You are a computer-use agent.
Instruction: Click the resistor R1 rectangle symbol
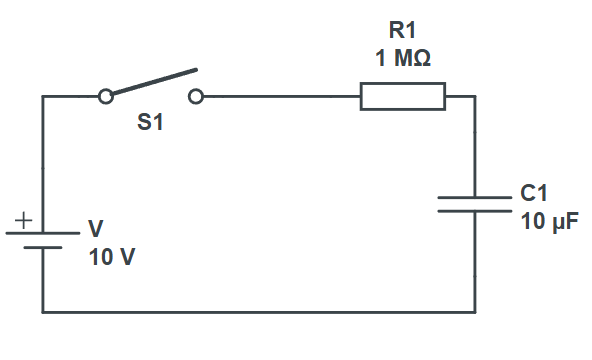(x=402, y=97)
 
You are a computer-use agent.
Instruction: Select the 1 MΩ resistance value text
(x=402, y=59)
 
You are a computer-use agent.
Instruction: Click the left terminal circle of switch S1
(x=105, y=97)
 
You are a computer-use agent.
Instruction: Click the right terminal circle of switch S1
(x=196, y=97)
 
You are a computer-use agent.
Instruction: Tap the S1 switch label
(x=150, y=126)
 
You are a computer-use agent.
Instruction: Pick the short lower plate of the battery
(x=42, y=248)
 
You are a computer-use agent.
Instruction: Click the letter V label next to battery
(x=96, y=229)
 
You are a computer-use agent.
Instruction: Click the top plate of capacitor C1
(x=474, y=197)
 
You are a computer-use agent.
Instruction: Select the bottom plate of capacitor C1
(x=474, y=212)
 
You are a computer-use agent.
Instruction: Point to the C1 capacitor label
(x=534, y=194)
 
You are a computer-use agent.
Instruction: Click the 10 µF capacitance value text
(x=549, y=221)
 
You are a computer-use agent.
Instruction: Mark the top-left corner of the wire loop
(x=42, y=97)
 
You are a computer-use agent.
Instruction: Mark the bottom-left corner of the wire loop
(x=42, y=312)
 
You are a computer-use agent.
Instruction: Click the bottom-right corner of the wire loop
(x=474, y=312)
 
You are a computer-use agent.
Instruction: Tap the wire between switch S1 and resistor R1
(x=280, y=97)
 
